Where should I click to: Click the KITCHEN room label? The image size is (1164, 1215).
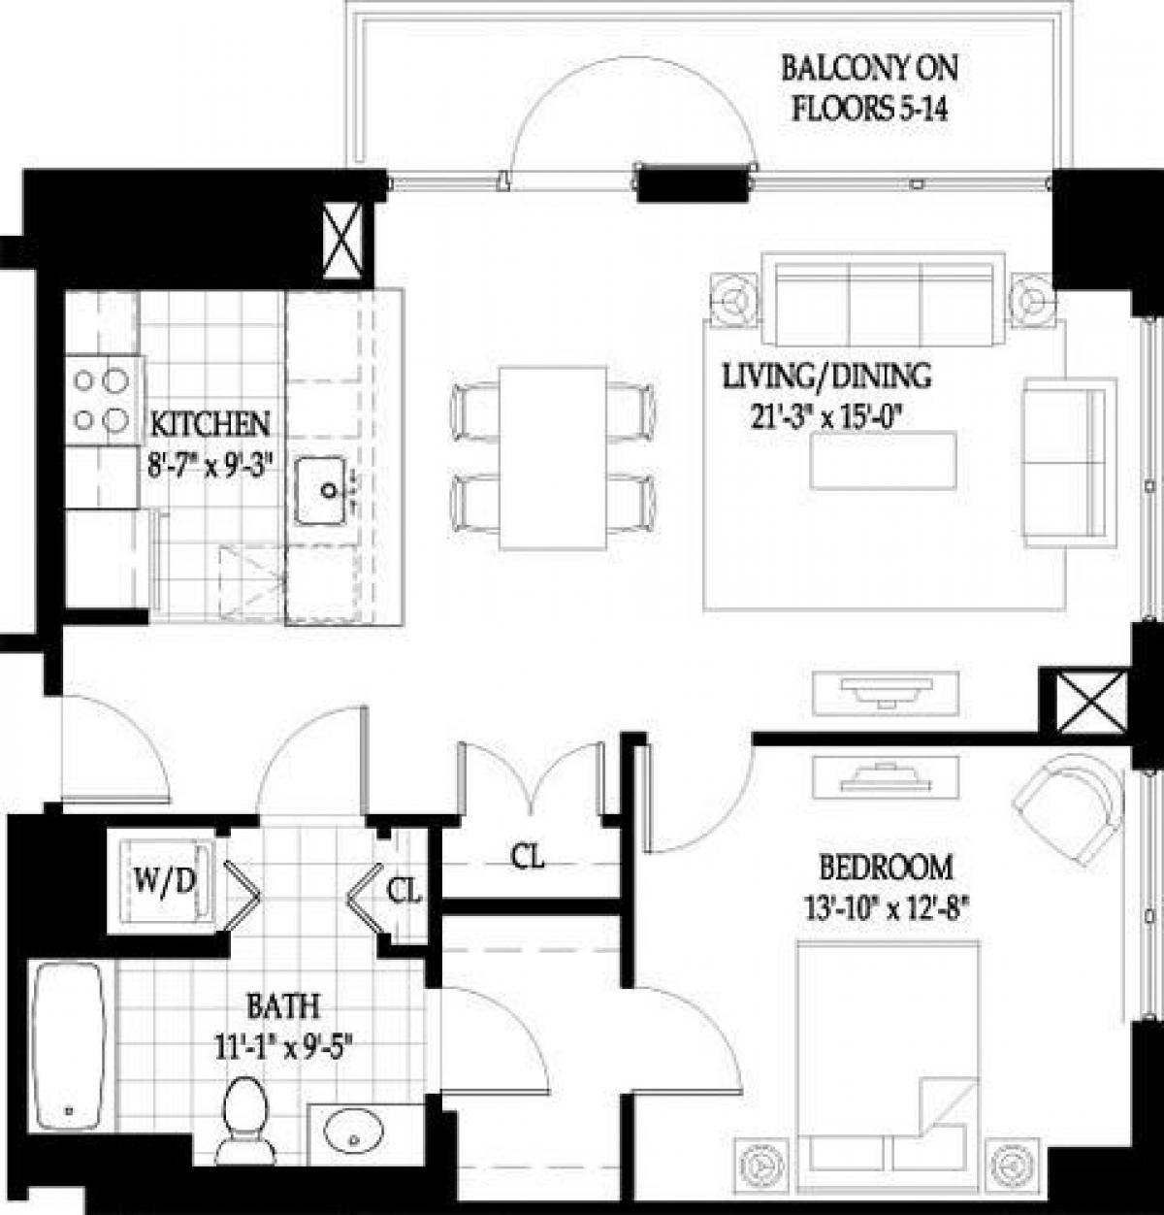point(210,424)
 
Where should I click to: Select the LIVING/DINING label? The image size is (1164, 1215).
point(826,375)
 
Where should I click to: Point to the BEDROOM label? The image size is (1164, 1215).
point(886,865)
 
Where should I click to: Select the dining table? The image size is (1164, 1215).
point(553,459)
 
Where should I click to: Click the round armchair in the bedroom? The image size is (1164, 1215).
point(1067,804)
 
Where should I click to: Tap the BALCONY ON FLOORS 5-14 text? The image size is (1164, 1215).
point(870,89)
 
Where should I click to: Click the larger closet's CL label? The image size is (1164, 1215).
point(529,857)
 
